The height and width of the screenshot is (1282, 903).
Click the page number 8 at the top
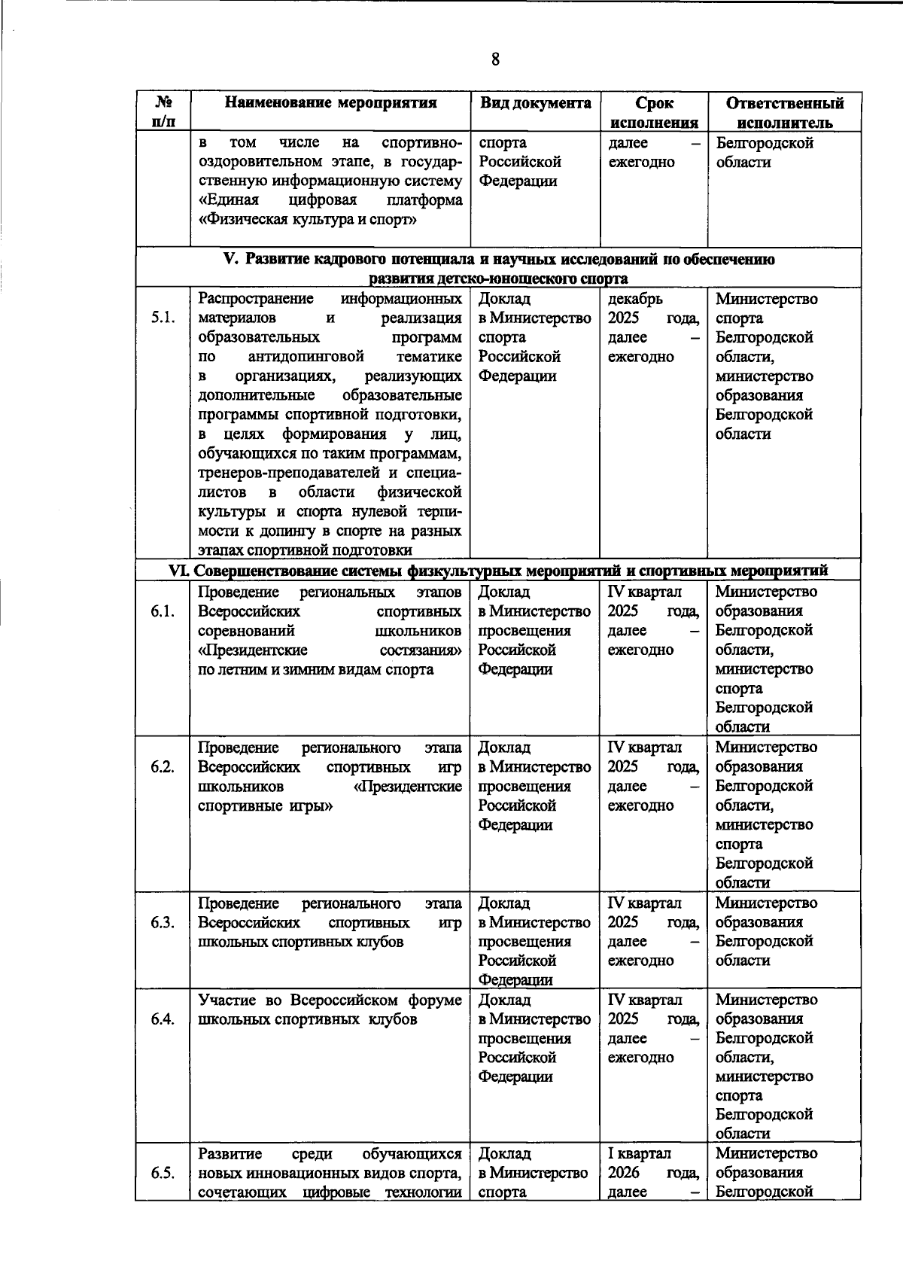coord(494,59)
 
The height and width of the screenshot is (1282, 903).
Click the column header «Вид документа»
coord(535,103)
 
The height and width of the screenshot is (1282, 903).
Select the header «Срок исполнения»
coord(653,113)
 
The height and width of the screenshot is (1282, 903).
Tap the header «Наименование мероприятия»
coord(331,103)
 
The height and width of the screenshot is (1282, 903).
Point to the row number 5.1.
coord(163,318)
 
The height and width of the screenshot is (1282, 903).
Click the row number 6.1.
coord(163,611)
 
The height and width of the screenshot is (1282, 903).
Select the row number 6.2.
coord(163,767)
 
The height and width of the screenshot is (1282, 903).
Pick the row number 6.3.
coord(163,922)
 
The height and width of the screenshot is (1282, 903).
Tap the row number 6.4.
coord(163,1019)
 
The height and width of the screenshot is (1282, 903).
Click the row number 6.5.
coord(163,1173)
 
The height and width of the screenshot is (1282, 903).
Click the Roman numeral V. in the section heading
coord(231,260)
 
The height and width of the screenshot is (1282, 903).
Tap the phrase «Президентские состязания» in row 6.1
coord(330,650)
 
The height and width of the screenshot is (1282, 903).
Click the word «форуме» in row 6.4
coord(435,1000)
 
